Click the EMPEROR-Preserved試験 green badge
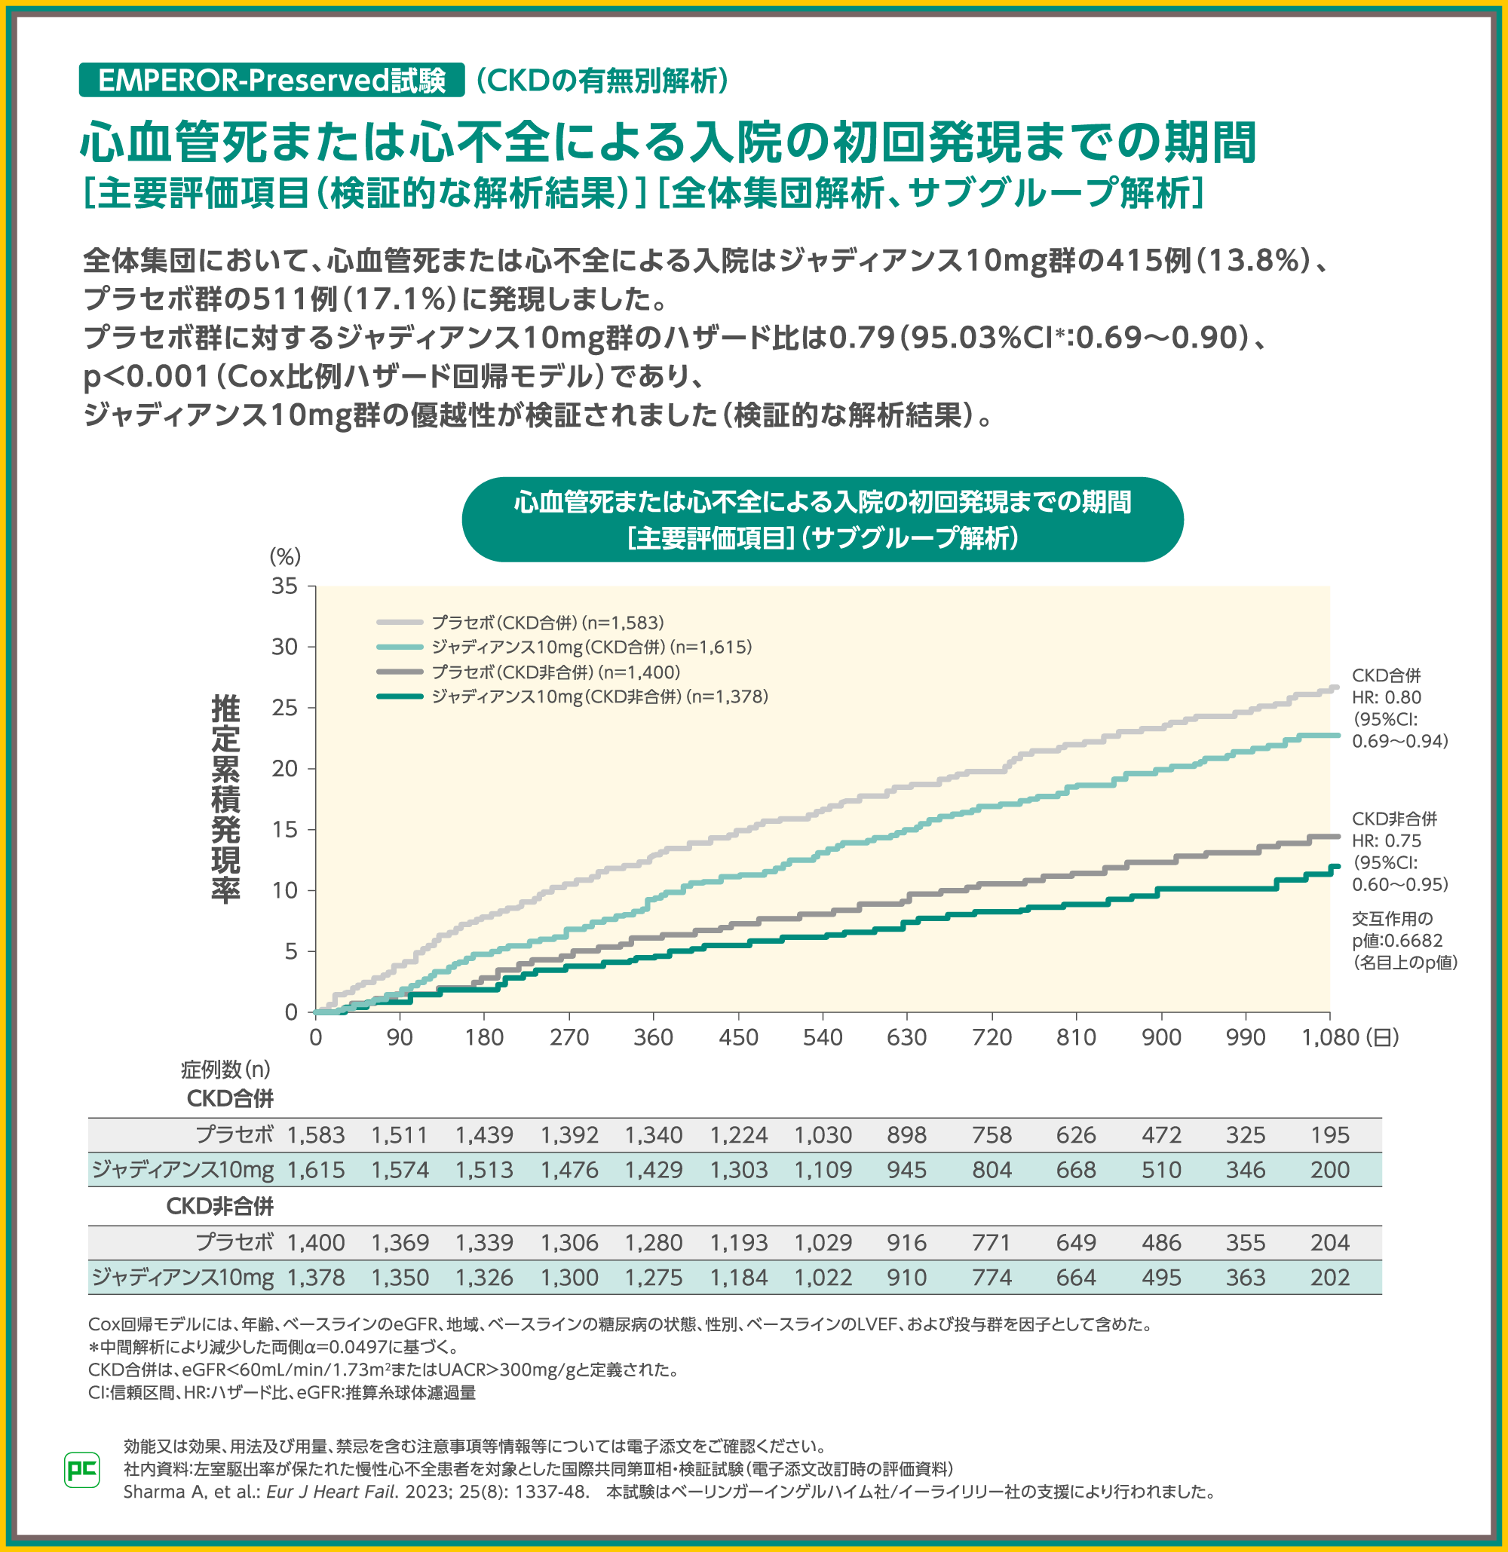(271, 80)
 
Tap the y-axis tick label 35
(284, 586)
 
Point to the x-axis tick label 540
(822, 1037)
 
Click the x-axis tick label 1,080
(1330, 1037)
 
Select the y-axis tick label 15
(284, 829)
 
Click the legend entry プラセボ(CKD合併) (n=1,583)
(547, 623)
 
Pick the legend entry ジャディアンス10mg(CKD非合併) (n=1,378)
(599, 696)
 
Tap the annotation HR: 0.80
(1386, 697)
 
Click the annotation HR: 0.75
(1386, 841)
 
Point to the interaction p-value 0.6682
(1398, 941)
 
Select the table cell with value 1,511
(399, 1135)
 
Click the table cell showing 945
(906, 1171)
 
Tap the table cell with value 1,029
(822, 1243)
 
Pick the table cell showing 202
(1329, 1278)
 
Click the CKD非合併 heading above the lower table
(219, 1206)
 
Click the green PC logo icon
(81, 1470)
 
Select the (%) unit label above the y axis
(285, 557)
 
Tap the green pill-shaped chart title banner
(822, 519)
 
